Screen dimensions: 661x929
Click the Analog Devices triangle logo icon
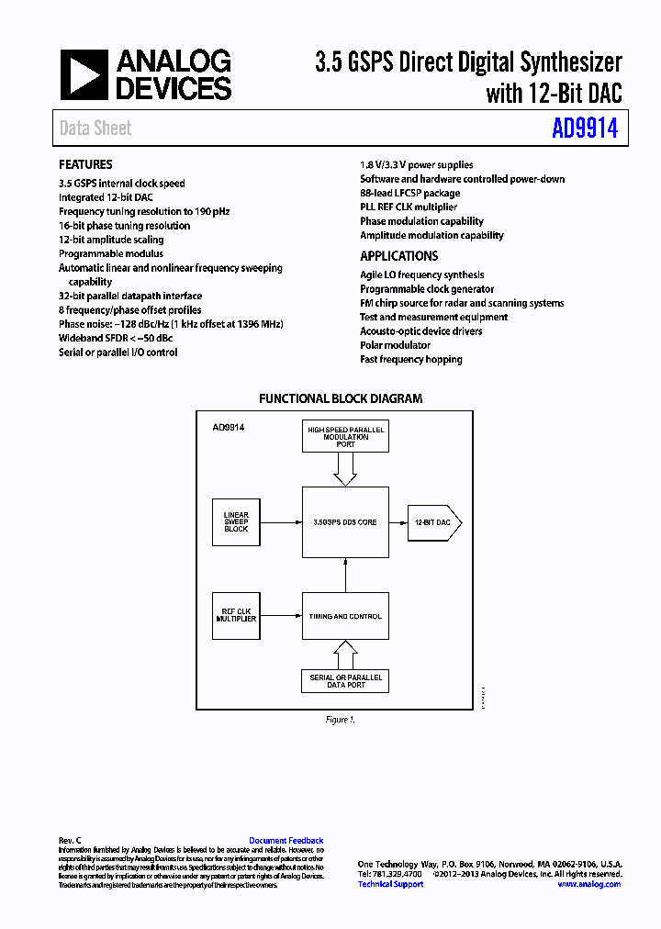pos(83,75)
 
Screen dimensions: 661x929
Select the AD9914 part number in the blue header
pos(585,129)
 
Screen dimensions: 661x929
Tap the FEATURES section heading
pos(85,164)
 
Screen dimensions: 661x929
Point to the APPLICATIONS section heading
pos(398,256)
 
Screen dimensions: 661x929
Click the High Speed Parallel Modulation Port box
pos(345,437)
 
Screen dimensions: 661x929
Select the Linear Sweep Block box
pos(236,522)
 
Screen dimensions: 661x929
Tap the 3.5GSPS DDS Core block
pos(345,522)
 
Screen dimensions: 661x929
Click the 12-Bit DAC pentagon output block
pos(433,522)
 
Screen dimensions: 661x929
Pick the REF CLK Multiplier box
pos(236,616)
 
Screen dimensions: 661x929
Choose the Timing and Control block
pos(345,616)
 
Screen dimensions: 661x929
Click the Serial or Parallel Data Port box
pos(345,680)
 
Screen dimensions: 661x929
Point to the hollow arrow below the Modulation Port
pos(345,469)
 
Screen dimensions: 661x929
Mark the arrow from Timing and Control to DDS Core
pos(345,576)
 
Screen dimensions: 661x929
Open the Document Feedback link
pos(286,841)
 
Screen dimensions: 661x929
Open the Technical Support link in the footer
pos(390,884)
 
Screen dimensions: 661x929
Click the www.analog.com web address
pos(588,884)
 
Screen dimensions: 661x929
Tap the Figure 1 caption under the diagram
pos(340,720)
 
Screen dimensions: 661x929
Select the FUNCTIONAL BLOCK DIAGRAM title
pos(341,399)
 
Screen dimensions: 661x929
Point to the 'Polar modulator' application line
pos(395,345)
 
